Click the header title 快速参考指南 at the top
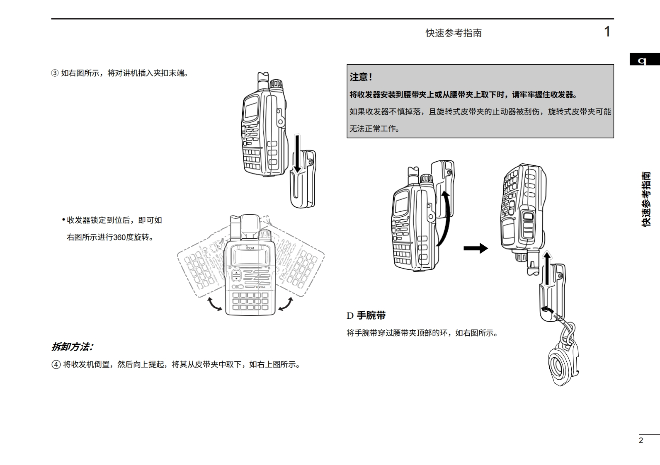click(454, 33)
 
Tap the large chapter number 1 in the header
click(607, 32)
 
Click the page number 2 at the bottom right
click(641, 441)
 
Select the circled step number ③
click(55, 73)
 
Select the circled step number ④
click(56, 365)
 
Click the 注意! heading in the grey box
click(361, 77)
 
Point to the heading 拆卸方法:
click(72, 347)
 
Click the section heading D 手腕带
click(366, 315)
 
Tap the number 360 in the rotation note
click(119, 237)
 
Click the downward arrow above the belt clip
click(297, 153)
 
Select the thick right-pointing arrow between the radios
click(476, 248)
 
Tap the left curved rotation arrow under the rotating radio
click(214, 304)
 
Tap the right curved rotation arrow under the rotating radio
click(286, 304)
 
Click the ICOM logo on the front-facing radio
click(250, 247)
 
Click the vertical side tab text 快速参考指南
click(646, 199)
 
